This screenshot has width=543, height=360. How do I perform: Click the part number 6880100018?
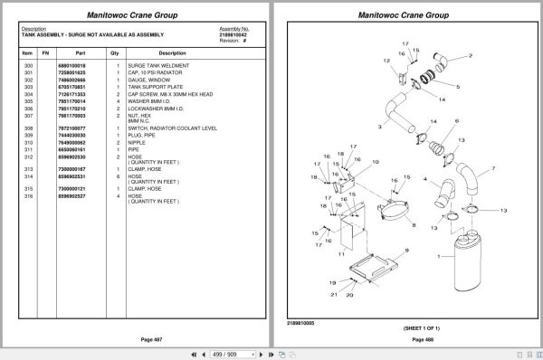[71, 66]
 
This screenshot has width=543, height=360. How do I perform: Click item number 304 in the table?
[27, 93]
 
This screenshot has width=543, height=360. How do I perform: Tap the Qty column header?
[115, 53]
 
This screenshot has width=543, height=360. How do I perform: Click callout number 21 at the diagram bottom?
[333, 293]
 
